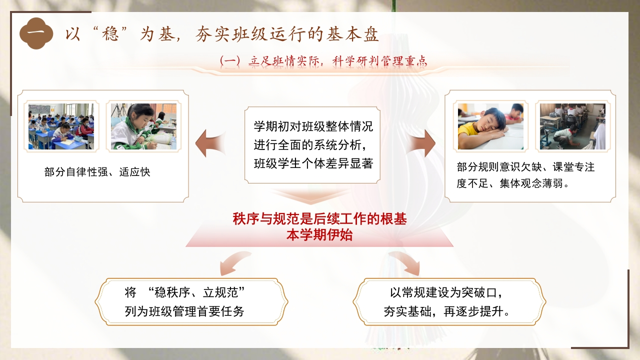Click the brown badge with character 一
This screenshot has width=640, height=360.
click(x=36, y=33)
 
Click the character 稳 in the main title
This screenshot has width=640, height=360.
click(x=110, y=34)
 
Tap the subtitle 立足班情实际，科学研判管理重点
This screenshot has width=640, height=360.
click(x=337, y=61)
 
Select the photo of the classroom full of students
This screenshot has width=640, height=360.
click(x=61, y=126)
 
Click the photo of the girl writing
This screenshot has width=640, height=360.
click(x=143, y=126)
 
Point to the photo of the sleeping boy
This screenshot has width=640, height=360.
click(x=490, y=126)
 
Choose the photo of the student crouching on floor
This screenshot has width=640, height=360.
click(x=572, y=126)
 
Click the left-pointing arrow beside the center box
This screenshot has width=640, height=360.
click(x=210, y=143)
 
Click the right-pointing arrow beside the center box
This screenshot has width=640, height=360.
click(x=420, y=143)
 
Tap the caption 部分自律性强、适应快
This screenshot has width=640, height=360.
click(x=97, y=172)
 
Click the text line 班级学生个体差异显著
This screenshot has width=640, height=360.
click(x=313, y=163)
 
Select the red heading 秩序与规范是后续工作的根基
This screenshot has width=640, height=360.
click(x=319, y=219)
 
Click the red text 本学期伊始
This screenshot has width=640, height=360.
click(x=319, y=235)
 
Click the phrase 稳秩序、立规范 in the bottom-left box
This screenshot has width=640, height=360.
click(x=196, y=292)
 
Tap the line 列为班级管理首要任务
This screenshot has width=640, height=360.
click(x=184, y=311)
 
